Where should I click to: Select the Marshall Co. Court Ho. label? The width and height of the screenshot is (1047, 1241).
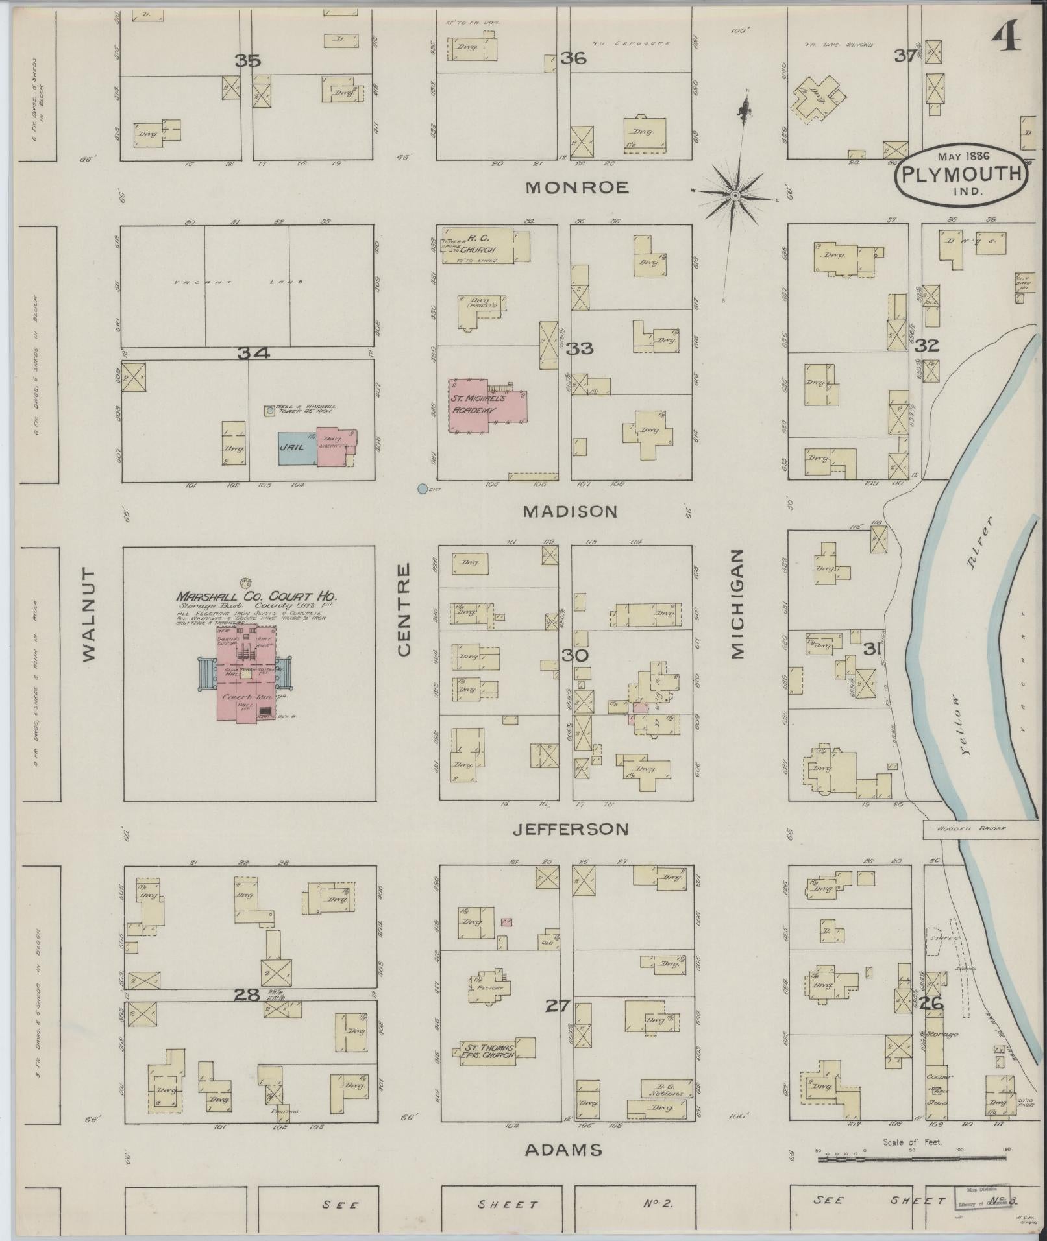tap(256, 596)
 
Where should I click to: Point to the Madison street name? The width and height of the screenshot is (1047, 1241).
tap(570, 512)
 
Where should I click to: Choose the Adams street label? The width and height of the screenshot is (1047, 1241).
tap(563, 1151)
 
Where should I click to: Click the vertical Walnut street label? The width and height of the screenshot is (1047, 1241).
tap(88, 615)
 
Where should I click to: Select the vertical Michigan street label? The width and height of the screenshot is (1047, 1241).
tap(737, 605)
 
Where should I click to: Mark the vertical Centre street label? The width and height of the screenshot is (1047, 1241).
tap(404, 609)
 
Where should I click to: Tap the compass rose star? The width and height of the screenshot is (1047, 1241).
tap(735, 195)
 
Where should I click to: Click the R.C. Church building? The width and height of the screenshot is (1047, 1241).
tap(484, 245)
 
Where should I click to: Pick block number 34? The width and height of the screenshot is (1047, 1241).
tap(253, 353)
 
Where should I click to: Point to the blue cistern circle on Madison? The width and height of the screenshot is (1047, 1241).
tap(423, 488)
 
